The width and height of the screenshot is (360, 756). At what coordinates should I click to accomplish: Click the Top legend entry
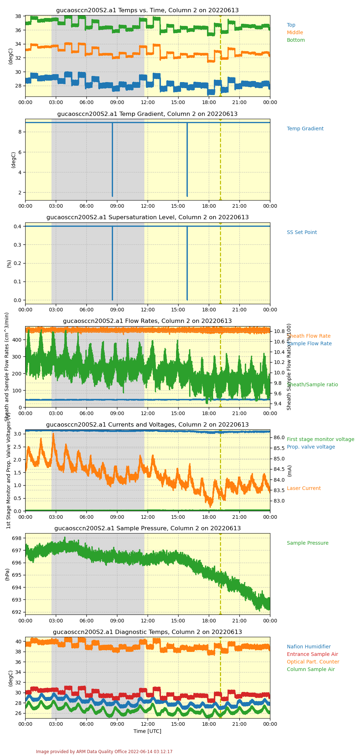[x=291, y=25]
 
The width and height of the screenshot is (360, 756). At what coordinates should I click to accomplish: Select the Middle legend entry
[x=295, y=33]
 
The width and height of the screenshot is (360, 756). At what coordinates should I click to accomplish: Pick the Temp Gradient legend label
[x=305, y=129]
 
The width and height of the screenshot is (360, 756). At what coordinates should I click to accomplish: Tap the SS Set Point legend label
[x=302, y=233]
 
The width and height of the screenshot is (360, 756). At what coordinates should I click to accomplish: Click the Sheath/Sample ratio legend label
[x=312, y=385]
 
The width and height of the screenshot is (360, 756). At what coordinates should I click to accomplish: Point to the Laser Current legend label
[x=303, y=489]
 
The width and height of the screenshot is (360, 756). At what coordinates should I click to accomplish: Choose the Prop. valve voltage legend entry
[x=311, y=447]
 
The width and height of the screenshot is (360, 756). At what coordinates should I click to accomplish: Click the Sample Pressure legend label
[x=307, y=543]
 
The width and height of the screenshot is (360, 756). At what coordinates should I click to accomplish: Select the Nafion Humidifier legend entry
[x=309, y=647]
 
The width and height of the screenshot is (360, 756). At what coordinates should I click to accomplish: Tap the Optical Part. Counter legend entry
[x=313, y=662]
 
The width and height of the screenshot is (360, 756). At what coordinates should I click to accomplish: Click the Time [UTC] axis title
[x=147, y=731]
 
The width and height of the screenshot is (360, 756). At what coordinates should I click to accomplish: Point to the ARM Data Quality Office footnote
[x=104, y=752]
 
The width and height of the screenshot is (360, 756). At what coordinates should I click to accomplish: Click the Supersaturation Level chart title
[x=147, y=217]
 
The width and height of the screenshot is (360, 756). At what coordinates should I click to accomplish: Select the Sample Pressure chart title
[x=147, y=528]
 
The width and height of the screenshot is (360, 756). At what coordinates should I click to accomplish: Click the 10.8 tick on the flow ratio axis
[x=279, y=331]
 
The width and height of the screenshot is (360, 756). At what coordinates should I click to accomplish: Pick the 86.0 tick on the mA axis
[x=279, y=437]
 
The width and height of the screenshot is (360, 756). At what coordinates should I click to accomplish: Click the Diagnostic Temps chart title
[x=147, y=632]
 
